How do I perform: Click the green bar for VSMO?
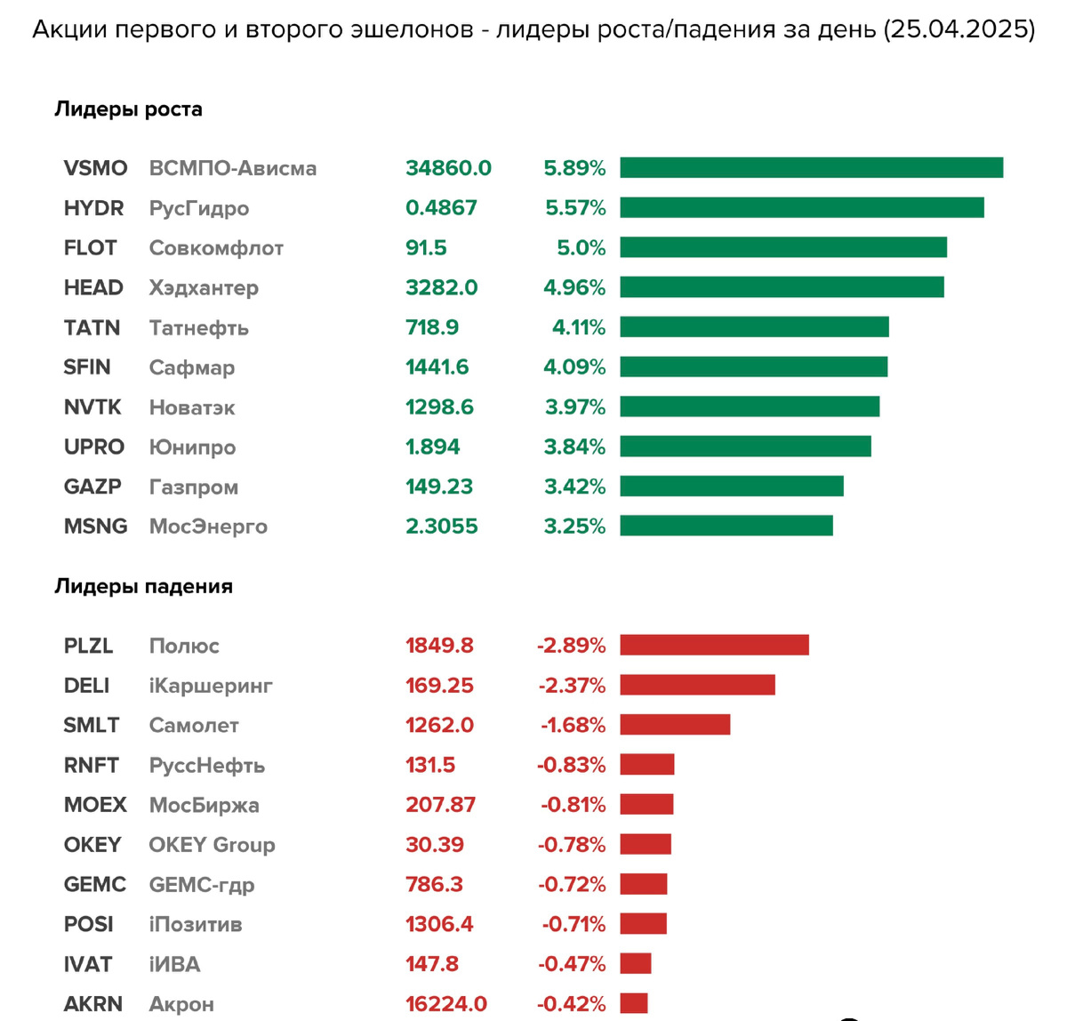coord(811,167)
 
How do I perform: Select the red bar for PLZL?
coord(714,645)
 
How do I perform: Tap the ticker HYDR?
coord(93,208)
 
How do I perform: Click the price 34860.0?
coord(448,168)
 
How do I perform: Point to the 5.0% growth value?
coord(581,247)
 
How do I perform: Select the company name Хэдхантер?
coord(204,287)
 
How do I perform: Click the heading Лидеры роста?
coord(128,109)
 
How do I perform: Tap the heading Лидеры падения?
coord(143,587)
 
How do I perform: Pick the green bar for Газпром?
coord(731,486)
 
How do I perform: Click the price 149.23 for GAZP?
coord(439,486)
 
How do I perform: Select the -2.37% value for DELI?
coord(571,685)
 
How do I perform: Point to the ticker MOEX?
coord(95,805)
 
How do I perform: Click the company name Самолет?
coord(194,725)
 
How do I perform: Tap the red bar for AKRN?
coord(634,1003)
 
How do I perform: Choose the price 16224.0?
coord(446,1004)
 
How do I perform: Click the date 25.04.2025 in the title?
coord(959,29)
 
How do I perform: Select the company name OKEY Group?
coord(212,845)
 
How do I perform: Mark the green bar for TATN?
coord(754,326)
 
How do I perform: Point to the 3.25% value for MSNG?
coord(574,526)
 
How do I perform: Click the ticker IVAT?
coord(88,964)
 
